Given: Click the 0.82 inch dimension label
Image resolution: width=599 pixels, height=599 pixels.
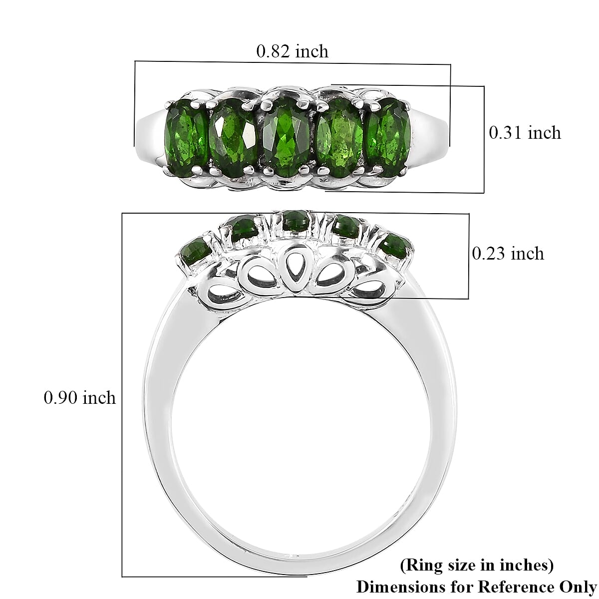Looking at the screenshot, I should [292, 51].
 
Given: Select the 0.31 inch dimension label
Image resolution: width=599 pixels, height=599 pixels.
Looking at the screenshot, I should [525, 133].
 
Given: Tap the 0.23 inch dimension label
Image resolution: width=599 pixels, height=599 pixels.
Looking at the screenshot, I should [508, 254].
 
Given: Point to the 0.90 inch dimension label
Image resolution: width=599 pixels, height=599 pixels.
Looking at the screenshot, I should [80, 398].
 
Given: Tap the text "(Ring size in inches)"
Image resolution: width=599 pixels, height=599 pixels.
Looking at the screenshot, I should [476, 566].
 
